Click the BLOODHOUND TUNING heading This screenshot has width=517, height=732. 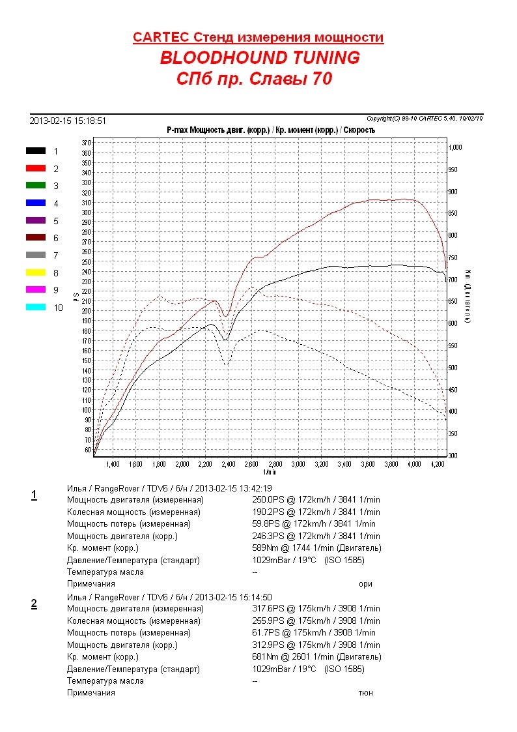259,58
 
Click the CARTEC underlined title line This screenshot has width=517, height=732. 258,37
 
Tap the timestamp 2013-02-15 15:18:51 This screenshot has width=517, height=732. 68,121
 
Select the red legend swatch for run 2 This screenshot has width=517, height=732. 36,168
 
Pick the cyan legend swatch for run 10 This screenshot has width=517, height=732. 36,307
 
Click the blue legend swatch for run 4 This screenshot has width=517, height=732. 36,203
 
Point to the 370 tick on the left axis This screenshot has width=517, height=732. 86,142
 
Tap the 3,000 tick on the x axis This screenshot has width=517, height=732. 298,465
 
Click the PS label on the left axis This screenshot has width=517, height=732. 76,297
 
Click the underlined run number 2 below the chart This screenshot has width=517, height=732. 34,604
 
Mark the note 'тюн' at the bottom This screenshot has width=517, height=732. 365,693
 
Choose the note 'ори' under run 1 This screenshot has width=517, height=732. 365,584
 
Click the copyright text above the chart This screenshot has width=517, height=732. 424,118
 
